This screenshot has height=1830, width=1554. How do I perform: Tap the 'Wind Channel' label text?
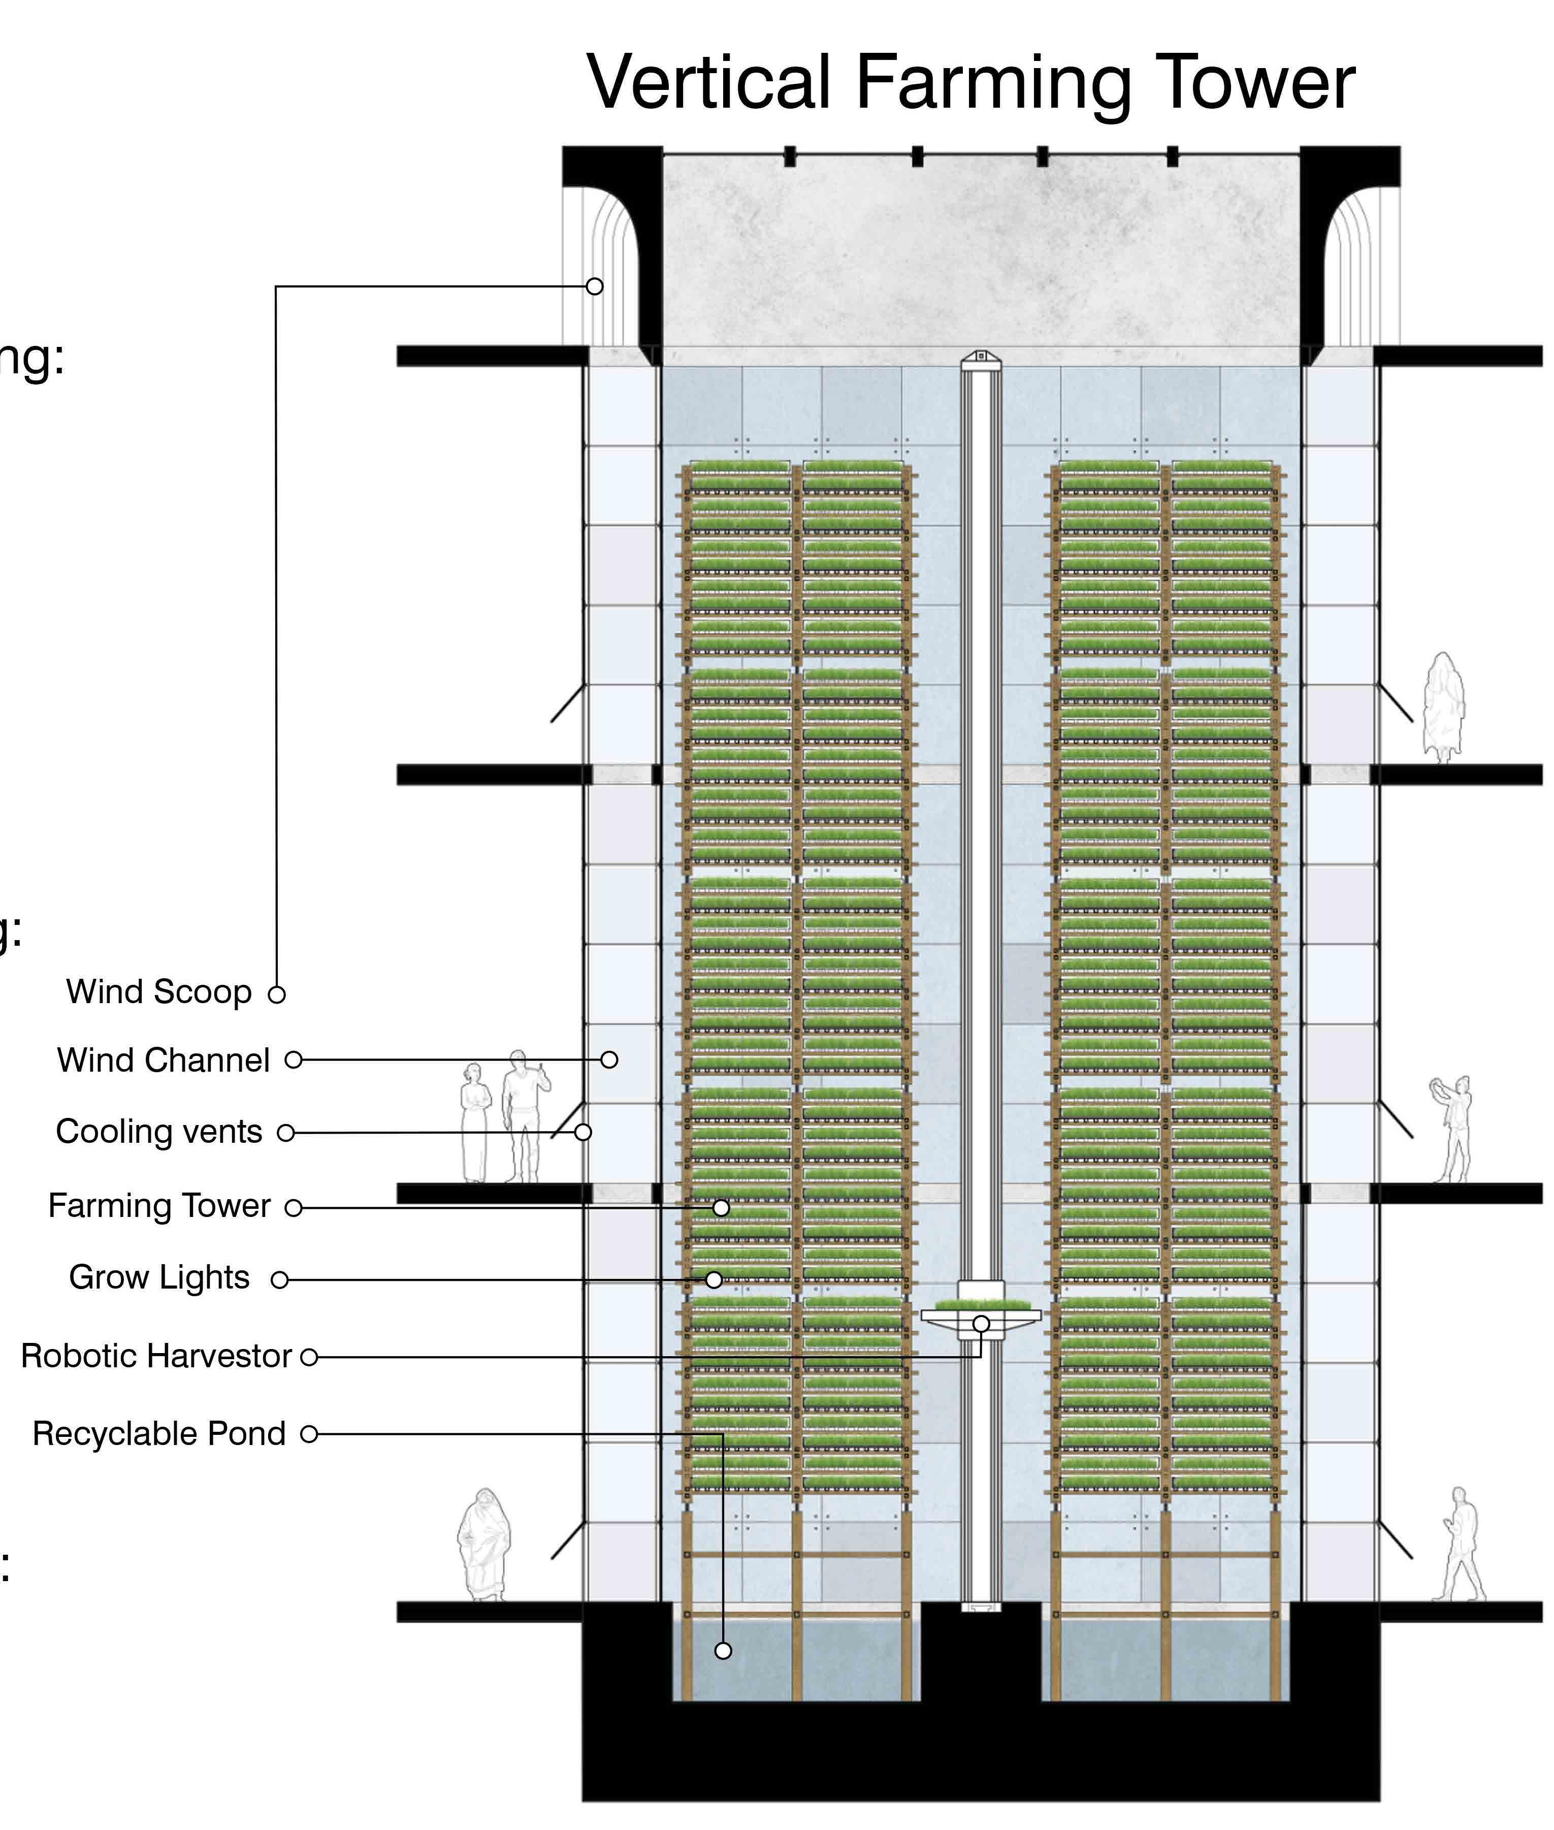(164, 1060)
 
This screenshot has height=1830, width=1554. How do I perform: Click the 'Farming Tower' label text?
(159, 1205)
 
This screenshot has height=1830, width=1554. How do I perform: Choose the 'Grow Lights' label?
(159, 1277)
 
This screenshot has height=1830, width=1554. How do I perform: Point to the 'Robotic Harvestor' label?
(156, 1355)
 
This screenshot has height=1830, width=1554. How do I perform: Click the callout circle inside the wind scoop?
(595, 286)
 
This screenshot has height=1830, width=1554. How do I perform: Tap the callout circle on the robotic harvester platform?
(981, 1324)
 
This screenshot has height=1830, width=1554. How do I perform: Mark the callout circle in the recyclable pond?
(723, 1650)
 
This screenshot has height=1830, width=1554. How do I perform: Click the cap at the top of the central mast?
(981, 358)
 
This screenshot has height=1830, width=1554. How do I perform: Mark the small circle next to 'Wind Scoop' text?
(277, 994)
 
